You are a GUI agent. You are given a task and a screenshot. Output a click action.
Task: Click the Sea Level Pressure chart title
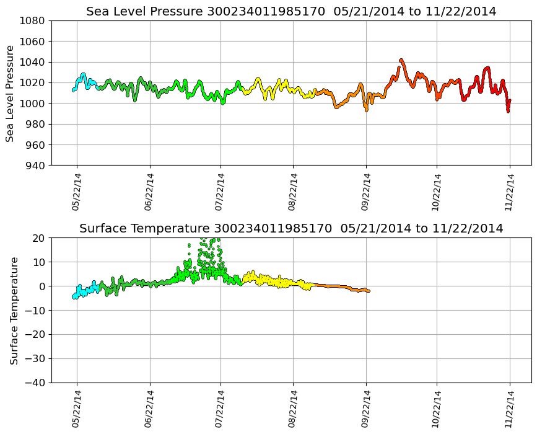(291, 11)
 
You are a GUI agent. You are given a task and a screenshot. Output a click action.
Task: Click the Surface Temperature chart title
(291, 228)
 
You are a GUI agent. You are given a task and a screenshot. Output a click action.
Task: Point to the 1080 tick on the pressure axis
(32, 20)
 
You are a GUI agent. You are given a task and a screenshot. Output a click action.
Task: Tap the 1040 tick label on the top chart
(32, 62)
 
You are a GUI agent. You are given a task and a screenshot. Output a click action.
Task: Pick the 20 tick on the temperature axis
(39, 238)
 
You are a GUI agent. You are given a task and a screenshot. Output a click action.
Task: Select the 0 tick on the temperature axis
(42, 286)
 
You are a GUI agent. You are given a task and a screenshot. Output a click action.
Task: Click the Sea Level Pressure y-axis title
(11, 93)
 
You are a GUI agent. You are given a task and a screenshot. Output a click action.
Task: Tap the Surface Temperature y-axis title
(14, 310)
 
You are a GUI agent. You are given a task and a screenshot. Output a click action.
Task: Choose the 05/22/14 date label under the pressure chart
(77, 192)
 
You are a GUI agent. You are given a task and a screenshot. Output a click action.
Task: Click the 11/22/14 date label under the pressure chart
(510, 192)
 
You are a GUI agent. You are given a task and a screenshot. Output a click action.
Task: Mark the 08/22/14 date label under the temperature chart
(293, 409)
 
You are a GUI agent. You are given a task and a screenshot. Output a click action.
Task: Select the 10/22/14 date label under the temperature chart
(437, 409)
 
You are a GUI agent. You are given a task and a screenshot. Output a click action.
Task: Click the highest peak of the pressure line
(401, 60)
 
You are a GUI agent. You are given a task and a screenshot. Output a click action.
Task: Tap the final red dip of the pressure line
(508, 110)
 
